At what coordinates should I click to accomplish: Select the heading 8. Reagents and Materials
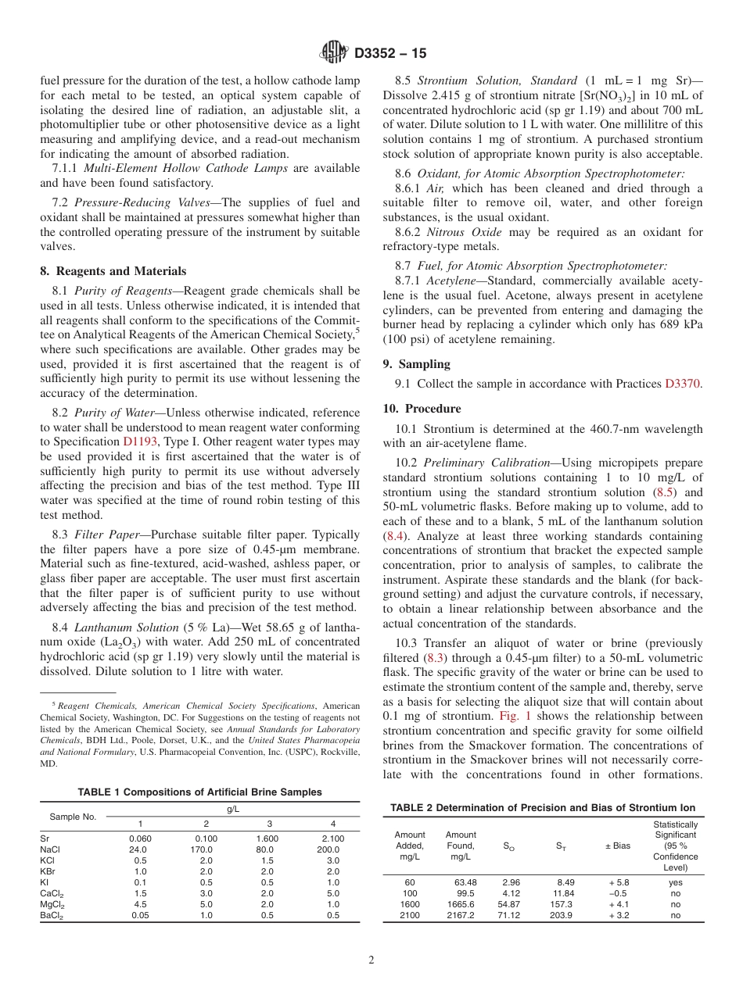[x=113, y=271]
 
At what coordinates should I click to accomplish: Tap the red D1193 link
[x=139, y=442]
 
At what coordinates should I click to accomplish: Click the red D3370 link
[x=682, y=383]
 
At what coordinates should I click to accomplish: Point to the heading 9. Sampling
[x=416, y=363]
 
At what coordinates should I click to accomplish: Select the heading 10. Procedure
[x=422, y=409]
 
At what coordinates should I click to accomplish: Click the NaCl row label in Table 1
[x=50, y=849]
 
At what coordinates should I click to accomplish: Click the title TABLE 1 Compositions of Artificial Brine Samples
[x=199, y=792]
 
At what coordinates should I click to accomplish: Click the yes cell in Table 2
[x=675, y=882]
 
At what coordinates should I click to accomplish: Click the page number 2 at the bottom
[x=371, y=960]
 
